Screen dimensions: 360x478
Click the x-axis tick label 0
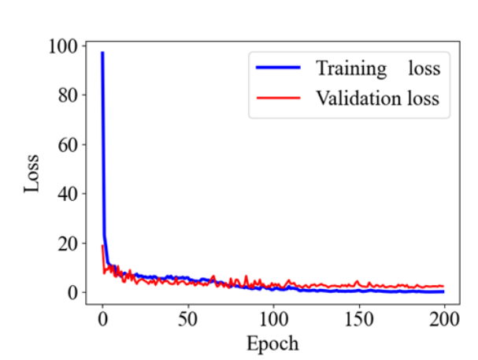(x=102, y=320)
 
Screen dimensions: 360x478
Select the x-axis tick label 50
(x=187, y=320)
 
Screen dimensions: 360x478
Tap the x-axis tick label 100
(x=273, y=320)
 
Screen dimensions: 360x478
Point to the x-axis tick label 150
(x=358, y=320)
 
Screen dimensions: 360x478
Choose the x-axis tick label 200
(x=443, y=320)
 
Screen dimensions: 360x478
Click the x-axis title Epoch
(x=273, y=344)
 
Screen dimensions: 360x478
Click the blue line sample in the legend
(x=278, y=69)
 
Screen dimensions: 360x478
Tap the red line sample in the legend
(x=278, y=98)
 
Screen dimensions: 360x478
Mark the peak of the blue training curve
(x=102, y=53)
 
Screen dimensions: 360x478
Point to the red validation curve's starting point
(x=102, y=246)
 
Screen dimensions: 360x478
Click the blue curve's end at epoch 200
(x=443, y=291)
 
